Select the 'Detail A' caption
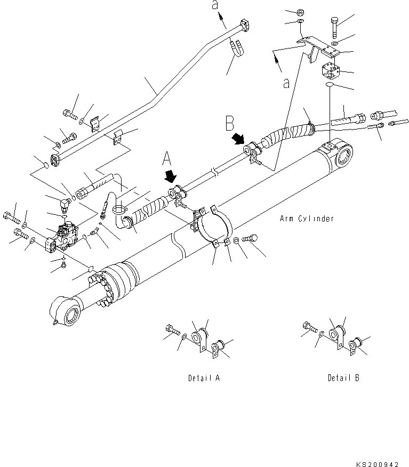[204, 378]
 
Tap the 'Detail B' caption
[343, 378]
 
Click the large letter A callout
[167, 159]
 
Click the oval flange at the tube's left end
[54, 159]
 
